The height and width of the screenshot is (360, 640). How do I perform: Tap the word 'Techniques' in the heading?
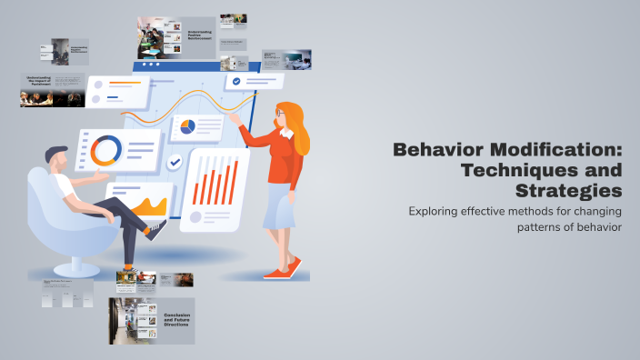[x=542, y=170]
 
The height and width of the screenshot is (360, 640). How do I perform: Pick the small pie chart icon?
[x=188, y=127]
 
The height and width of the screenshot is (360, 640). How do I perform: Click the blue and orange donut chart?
[x=105, y=150]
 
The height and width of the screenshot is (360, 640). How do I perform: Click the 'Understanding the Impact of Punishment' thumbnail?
[x=52, y=89]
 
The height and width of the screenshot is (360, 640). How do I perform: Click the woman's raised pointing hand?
[x=234, y=117]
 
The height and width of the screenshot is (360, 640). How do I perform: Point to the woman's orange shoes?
[x=283, y=269]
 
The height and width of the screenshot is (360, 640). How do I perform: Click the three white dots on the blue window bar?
[x=146, y=65]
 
